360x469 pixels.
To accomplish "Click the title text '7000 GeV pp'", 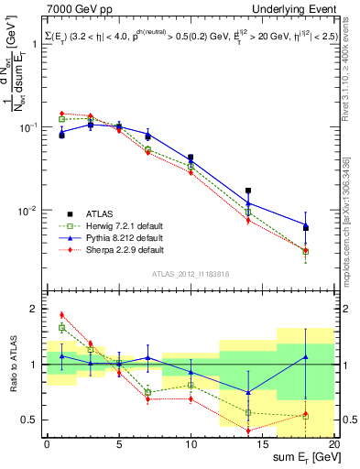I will click(x=74, y=9).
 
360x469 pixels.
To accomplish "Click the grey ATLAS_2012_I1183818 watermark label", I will click(x=190, y=273).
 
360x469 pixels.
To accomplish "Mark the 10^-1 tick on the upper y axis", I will click(x=31, y=127).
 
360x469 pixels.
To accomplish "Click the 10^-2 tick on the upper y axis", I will click(x=31, y=211).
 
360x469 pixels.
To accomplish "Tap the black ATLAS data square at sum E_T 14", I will click(x=248, y=191).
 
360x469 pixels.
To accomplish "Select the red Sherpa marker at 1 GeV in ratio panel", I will click(x=61, y=314).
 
